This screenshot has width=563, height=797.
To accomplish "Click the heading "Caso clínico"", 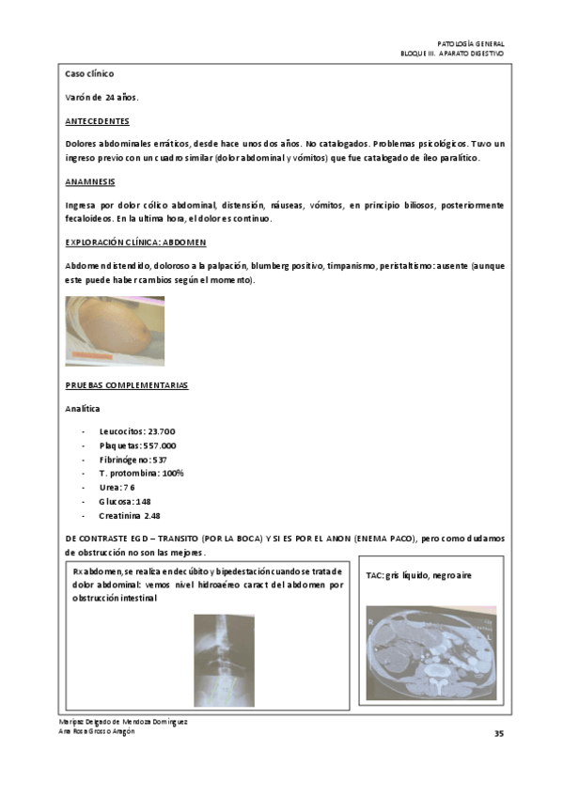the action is coord(89,73).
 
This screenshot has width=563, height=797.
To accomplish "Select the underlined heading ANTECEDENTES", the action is coord(98,122).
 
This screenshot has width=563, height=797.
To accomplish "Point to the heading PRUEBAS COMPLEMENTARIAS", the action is coord(126,385).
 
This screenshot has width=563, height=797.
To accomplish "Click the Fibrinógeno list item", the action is coord(132,460).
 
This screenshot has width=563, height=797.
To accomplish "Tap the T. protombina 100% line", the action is coord(141,474).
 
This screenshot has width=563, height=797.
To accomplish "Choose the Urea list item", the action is coord(117,488).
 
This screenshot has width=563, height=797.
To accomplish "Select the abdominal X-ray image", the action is coord(225,660).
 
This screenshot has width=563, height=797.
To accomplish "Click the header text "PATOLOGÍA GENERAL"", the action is coord(471,44).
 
